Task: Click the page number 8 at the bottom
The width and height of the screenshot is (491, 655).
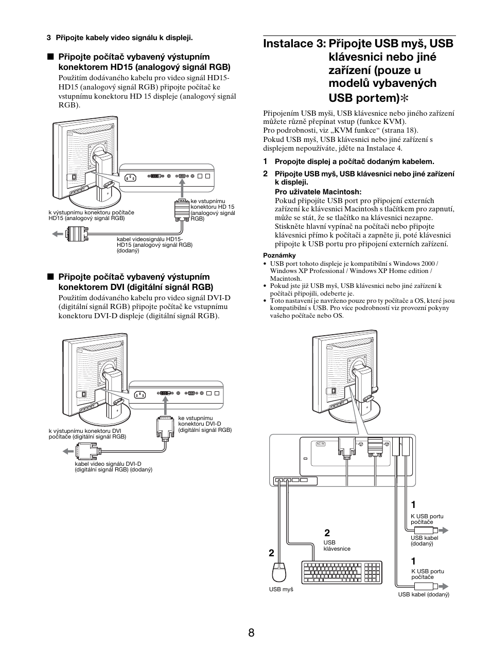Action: click(x=251, y=633)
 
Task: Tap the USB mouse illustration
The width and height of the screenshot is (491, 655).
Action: click(x=279, y=572)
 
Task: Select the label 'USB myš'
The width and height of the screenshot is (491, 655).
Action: click(x=281, y=589)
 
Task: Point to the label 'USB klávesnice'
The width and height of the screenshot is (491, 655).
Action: click(x=337, y=545)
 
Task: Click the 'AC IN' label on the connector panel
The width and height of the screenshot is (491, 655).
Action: click(x=320, y=444)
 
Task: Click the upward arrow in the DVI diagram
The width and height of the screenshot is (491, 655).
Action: click(x=165, y=408)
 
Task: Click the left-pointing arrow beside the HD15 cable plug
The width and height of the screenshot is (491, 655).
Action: click(x=57, y=234)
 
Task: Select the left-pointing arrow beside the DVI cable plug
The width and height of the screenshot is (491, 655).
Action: click(x=68, y=451)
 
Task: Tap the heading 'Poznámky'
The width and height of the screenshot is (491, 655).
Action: click(x=279, y=255)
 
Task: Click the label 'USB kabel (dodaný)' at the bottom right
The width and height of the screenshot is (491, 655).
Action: click(x=424, y=594)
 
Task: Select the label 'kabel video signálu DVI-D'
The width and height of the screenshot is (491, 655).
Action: click(x=108, y=464)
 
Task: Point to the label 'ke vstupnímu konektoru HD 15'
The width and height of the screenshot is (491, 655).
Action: click(x=212, y=204)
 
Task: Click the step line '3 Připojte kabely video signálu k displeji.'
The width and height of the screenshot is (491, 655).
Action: click(x=120, y=38)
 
